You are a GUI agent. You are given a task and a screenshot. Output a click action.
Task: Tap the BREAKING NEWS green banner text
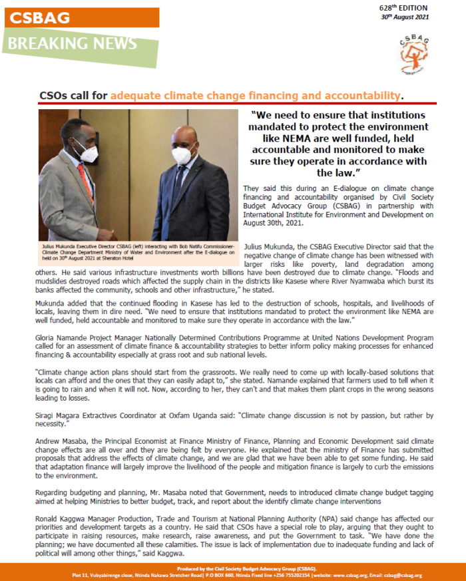click(73, 44)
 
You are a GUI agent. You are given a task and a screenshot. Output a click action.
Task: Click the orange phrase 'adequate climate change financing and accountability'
click(256, 95)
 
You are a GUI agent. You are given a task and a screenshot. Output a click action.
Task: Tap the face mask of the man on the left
click(88, 153)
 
